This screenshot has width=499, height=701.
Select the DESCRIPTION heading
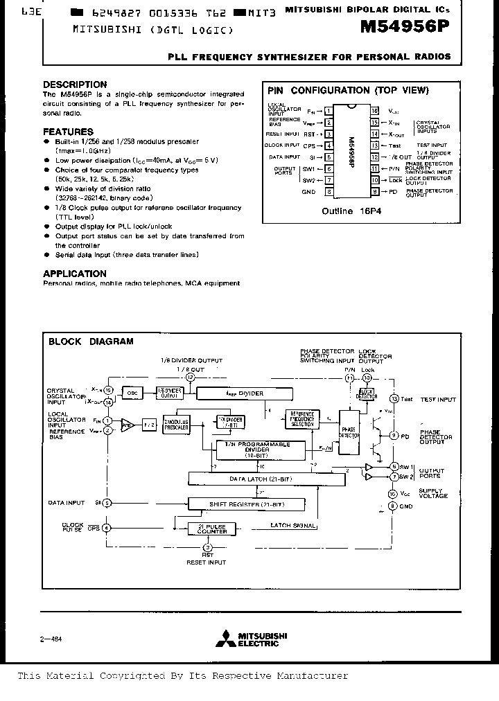coord(75,85)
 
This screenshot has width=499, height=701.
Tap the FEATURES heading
coord(68,132)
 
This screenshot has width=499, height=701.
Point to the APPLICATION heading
coord(75,274)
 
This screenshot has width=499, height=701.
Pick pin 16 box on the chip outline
coord(374,111)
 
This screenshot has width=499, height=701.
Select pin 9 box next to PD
coord(374,191)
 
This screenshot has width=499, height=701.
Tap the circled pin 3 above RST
coord(208,547)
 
